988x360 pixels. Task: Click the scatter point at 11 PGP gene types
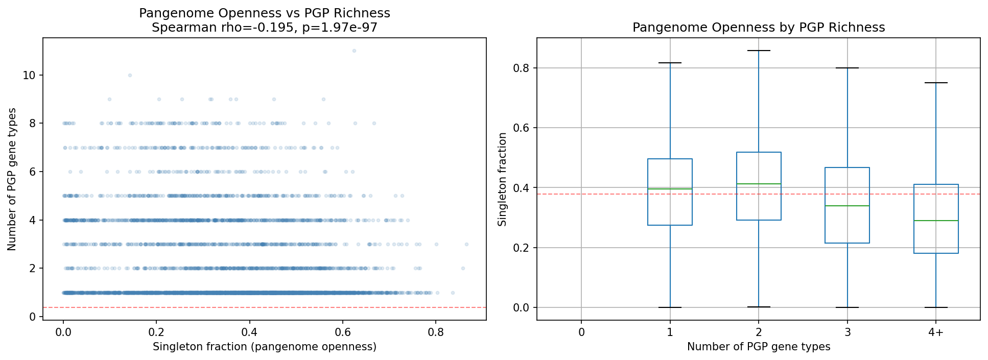tap(354, 51)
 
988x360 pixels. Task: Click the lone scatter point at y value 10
tap(130, 75)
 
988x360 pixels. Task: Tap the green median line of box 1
tap(670, 189)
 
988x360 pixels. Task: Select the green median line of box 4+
tap(936, 221)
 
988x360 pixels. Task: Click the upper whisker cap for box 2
tap(759, 51)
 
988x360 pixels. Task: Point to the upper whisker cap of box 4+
tap(936, 83)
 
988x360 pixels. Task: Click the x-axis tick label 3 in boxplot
tap(847, 332)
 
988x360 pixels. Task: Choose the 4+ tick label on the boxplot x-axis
tap(936, 332)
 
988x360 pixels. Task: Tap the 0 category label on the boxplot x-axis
tap(581, 332)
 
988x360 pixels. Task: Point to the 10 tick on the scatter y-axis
tap(29, 75)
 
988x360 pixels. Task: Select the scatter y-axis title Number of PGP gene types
tap(12, 179)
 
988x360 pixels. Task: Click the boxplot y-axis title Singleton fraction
tap(502, 179)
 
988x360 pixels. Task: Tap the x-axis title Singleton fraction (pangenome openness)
tap(264, 347)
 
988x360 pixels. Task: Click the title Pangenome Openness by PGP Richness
tap(758, 28)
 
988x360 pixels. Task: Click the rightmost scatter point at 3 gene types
tap(466, 244)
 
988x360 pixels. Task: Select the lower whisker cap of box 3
tap(847, 307)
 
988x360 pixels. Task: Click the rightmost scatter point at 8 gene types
tap(374, 123)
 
